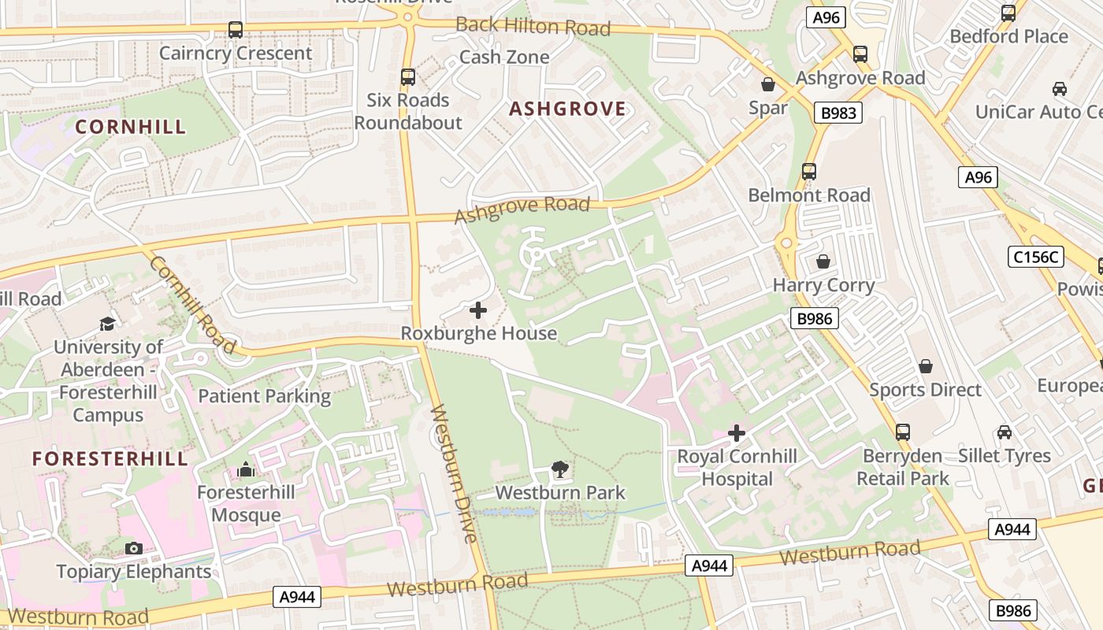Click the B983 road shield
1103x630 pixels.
click(x=838, y=113)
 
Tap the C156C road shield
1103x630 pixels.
click(x=1035, y=257)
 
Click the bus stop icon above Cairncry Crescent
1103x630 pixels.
click(x=235, y=30)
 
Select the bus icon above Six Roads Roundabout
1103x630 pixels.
click(x=407, y=76)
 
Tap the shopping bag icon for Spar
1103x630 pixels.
click(x=768, y=84)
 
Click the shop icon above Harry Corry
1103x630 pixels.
click(x=823, y=261)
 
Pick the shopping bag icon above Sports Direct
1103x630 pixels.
click(x=926, y=366)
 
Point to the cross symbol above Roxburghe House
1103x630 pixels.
click(x=478, y=310)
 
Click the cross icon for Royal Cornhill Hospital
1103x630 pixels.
click(x=737, y=433)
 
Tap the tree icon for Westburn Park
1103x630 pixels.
click(x=560, y=470)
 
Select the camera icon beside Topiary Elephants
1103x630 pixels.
click(x=134, y=548)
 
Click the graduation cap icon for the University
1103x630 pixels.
click(x=107, y=324)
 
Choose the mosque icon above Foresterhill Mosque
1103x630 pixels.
click(x=246, y=470)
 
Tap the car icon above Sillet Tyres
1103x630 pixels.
click(x=1004, y=432)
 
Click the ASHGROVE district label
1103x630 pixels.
click(x=567, y=109)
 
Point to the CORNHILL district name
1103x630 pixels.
click(x=131, y=127)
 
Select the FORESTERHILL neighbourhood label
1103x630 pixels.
click(x=110, y=459)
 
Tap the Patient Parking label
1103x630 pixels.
click(x=264, y=396)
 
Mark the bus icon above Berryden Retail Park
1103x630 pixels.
click(x=902, y=432)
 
